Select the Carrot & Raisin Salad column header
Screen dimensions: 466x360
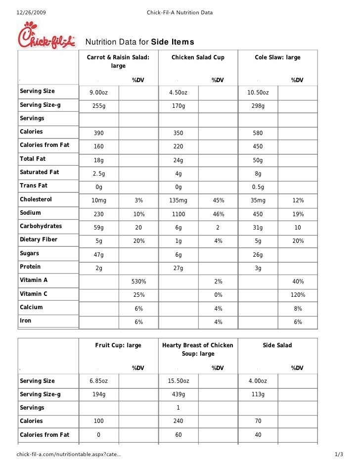(118, 61)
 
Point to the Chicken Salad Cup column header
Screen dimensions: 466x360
(198, 57)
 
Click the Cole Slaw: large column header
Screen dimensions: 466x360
(277, 57)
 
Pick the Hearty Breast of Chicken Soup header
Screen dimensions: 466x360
(198, 349)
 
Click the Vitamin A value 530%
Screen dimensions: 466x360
(138, 281)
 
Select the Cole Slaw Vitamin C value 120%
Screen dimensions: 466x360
(297, 295)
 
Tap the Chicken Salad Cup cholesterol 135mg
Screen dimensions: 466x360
(178, 200)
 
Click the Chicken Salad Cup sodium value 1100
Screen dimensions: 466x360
(178, 214)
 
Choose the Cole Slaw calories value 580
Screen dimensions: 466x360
(258, 134)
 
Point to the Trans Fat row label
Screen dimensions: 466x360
(34, 186)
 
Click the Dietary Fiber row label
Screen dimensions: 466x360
(39, 239)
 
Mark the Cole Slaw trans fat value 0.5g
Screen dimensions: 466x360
(258, 187)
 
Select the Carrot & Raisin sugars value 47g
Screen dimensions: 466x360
(99, 255)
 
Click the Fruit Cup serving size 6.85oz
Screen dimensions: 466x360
(98, 381)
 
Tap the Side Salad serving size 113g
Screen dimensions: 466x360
(258, 394)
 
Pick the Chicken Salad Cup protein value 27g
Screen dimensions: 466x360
(178, 268)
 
